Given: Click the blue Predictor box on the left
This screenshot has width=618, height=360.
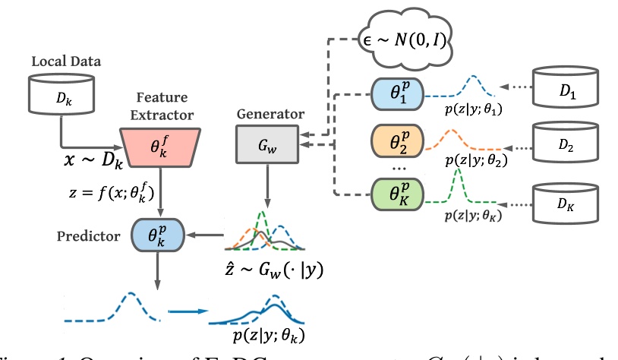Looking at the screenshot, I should pyautogui.click(x=157, y=235).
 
